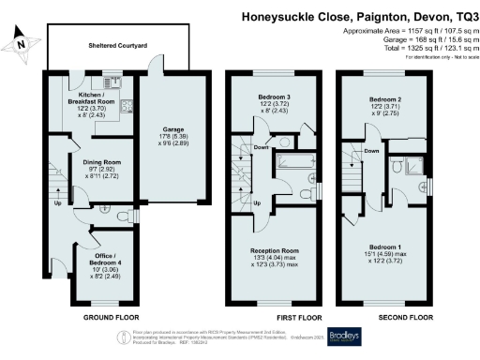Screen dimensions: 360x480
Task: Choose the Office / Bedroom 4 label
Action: pyautogui.click(x=97, y=258)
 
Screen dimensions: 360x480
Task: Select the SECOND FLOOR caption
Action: pyautogui.click(x=387, y=318)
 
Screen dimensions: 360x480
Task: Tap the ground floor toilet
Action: pyautogui.click(x=123, y=217)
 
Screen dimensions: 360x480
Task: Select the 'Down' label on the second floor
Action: pyautogui.click(x=371, y=151)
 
